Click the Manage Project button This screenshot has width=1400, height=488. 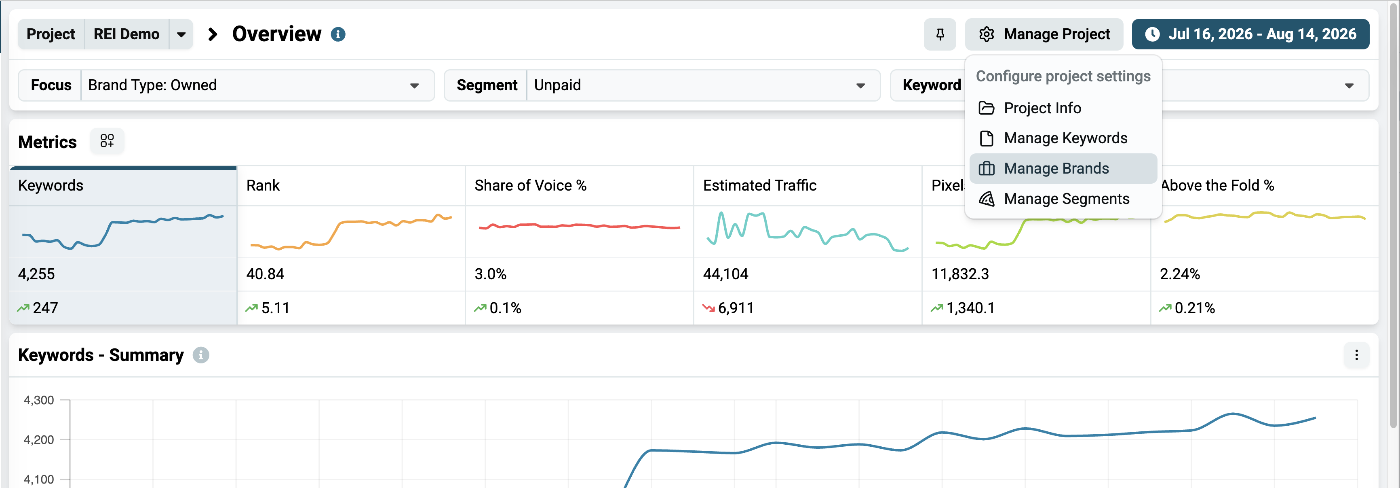[x=1044, y=34]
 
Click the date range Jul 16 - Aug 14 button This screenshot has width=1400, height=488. [x=1250, y=34]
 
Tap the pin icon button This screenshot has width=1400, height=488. [x=940, y=34]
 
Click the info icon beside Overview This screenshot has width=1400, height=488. [x=338, y=34]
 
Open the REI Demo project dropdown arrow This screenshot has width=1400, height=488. [x=181, y=34]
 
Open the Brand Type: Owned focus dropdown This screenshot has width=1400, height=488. [x=257, y=85]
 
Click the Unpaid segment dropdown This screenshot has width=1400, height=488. [x=703, y=85]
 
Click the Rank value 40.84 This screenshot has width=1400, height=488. [x=265, y=274]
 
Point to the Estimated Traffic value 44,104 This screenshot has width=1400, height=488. [x=725, y=274]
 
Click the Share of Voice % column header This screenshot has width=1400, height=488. [x=530, y=185]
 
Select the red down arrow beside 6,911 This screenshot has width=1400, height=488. [x=708, y=308]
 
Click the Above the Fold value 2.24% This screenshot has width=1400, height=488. [x=1180, y=274]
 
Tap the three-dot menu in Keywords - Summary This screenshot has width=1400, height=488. [x=1356, y=355]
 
